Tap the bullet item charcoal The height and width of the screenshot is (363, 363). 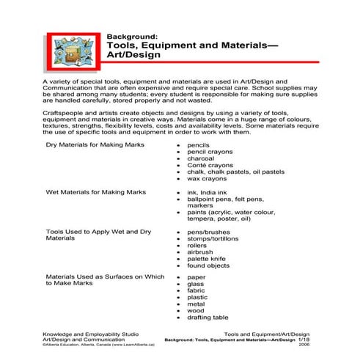(x=201, y=158)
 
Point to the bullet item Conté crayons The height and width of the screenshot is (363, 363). (x=210, y=164)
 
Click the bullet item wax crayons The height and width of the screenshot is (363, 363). (x=207, y=178)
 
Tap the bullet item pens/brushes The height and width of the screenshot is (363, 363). (x=208, y=232)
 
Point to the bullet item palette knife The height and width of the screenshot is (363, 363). (x=207, y=258)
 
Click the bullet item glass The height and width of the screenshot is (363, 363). (x=196, y=285)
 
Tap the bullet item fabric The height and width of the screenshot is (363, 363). (x=197, y=290)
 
